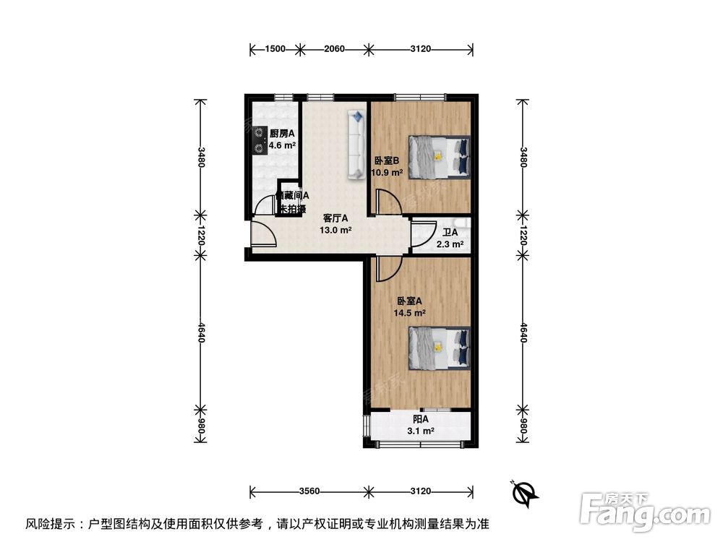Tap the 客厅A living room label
point(335,218)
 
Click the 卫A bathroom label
point(450,233)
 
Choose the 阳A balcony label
point(421,419)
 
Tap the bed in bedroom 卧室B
point(439,155)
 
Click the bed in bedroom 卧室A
point(439,347)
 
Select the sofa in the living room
point(356,145)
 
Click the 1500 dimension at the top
point(275,49)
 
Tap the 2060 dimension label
point(333,49)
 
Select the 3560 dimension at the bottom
point(309,491)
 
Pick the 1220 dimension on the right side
point(523,235)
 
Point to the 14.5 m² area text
point(409,313)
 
